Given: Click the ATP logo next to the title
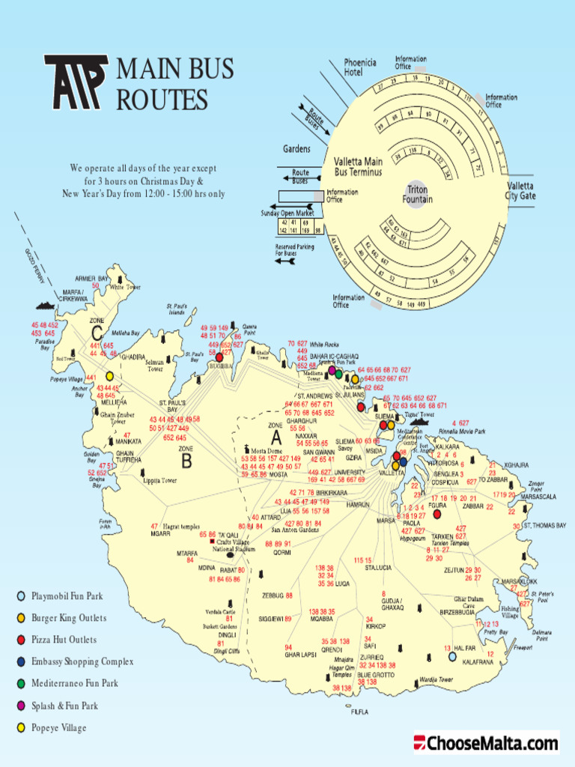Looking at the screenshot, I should point(76,82).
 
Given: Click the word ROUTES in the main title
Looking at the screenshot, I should point(162,99).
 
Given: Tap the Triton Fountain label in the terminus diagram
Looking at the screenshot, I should point(417,194).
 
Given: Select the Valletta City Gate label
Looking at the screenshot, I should point(520,191).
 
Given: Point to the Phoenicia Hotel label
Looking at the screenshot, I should point(359,67).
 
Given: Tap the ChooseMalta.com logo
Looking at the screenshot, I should point(486,743).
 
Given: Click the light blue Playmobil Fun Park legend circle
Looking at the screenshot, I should point(20,596).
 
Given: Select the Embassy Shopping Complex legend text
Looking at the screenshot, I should point(82,662).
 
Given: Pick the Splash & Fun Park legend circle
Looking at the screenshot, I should point(20,706).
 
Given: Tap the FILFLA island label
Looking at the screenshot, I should point(359,712).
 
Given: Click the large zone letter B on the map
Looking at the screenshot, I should point(186,462).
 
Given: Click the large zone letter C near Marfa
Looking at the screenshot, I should point(97,333).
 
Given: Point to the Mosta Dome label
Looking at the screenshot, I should point(266,452).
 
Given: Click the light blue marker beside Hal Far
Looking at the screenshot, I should point(452,656).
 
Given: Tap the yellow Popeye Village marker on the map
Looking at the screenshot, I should point(109,376).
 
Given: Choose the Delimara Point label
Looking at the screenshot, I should point(541,635).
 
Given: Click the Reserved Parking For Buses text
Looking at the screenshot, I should point(295,250).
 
